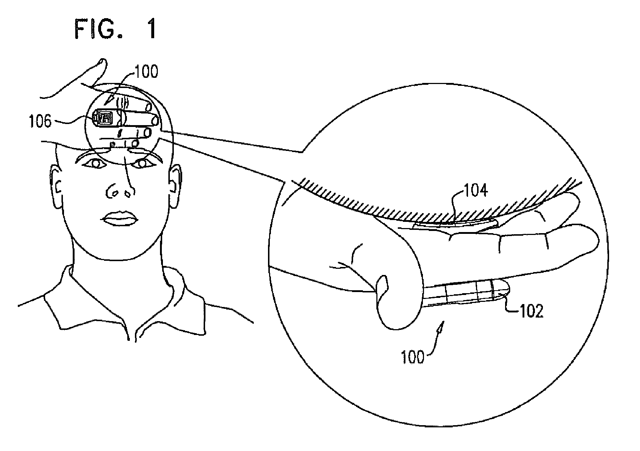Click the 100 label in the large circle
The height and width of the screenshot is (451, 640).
pyautogui.click(x=412, y=357)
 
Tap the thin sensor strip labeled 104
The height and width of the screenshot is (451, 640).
pyautogui.click(x=455, y=225)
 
